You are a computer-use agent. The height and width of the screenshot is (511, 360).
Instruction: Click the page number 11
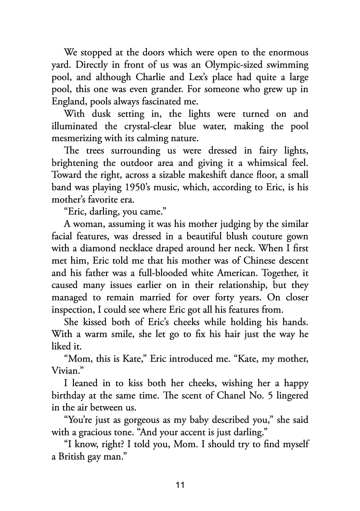pos(180,485)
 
